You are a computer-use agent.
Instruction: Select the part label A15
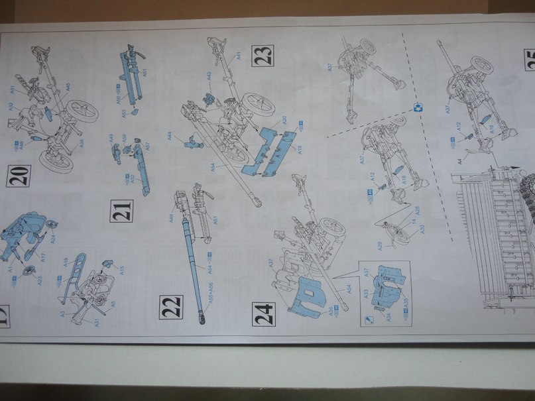pyautogui.click(x=121, y=270)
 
